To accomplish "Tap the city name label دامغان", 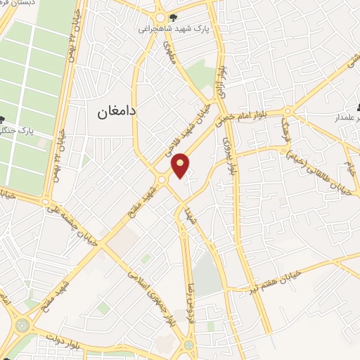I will click(113, 112).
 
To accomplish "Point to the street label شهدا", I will click(189, 210).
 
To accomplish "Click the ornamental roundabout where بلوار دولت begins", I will click(22, 326).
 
